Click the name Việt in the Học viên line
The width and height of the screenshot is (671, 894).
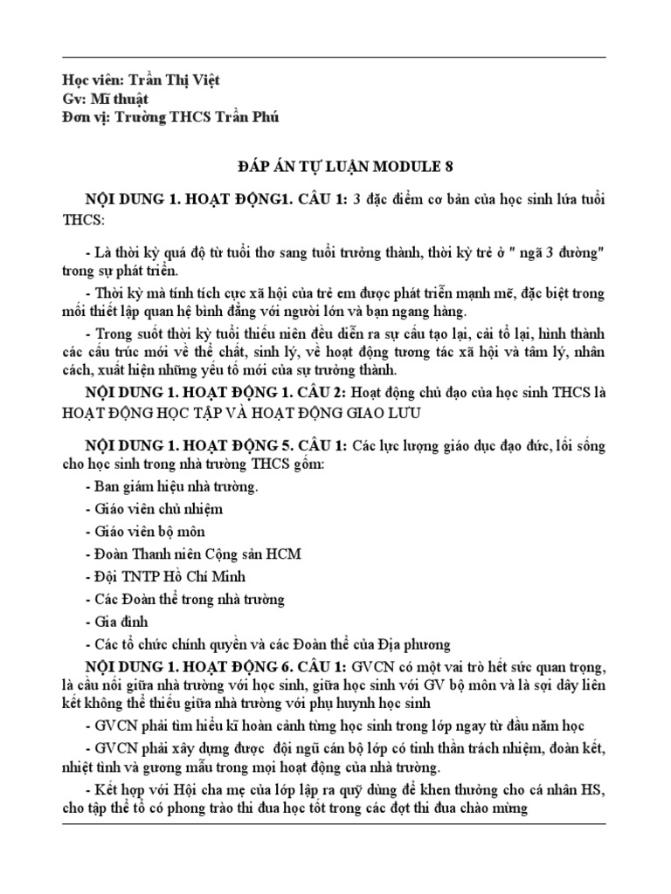tap(202, 80)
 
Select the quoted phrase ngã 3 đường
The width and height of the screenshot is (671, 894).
tap(549, 253)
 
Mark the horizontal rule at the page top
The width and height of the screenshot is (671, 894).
tap(335, 58)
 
